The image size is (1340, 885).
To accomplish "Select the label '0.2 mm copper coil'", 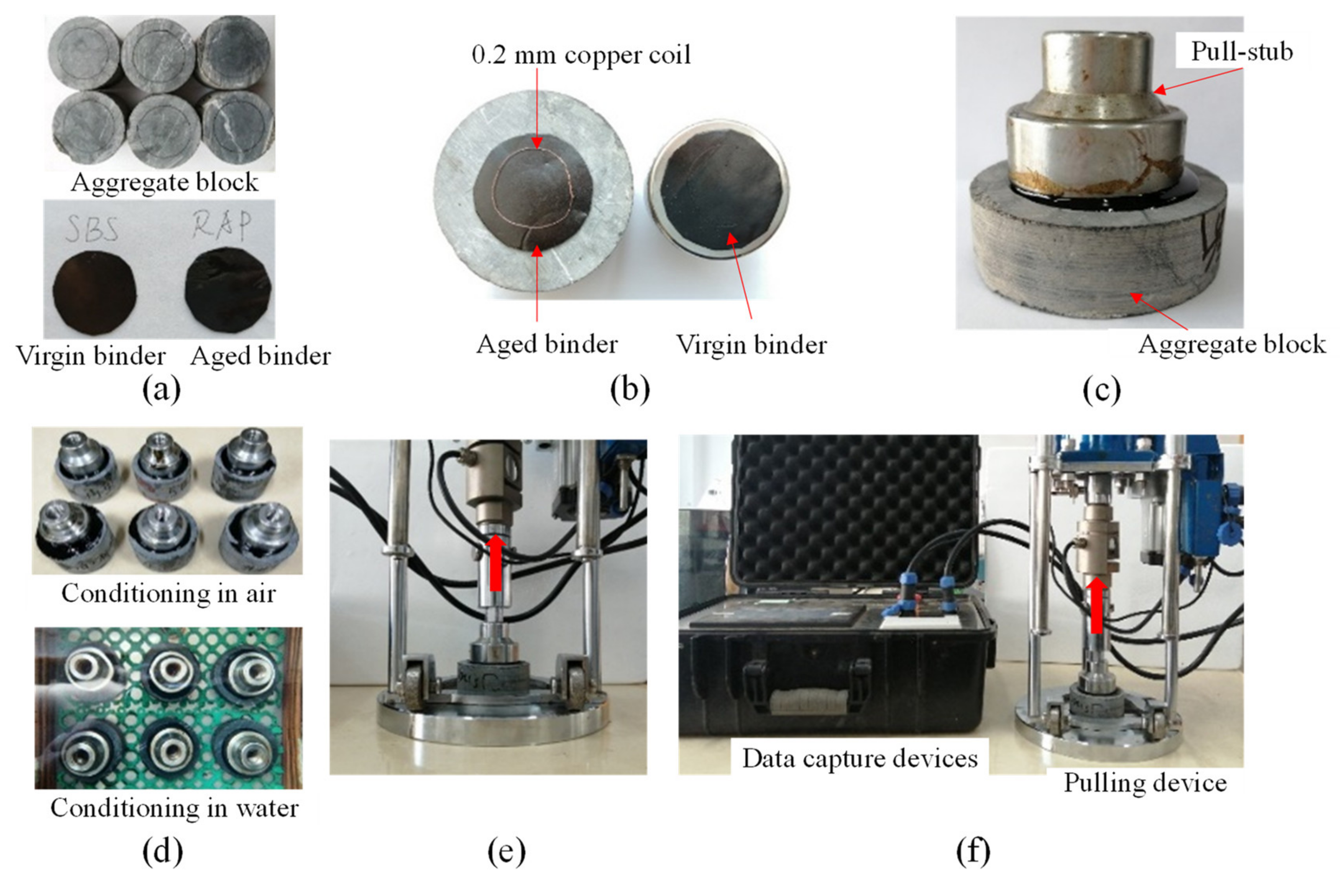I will click(x=581, y=55).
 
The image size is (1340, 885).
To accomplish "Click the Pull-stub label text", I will click(x=1241, y=52).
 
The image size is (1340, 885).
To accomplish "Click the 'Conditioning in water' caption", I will click(x=174, y=808).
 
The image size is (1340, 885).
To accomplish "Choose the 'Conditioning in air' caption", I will click(x=168, y=594).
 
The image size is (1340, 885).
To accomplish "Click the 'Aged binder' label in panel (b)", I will click(x=547, y=344).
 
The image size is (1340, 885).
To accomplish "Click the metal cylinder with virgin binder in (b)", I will click(x=719, y=189).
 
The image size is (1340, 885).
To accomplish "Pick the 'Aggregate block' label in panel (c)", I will click(x=1231, y=344).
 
